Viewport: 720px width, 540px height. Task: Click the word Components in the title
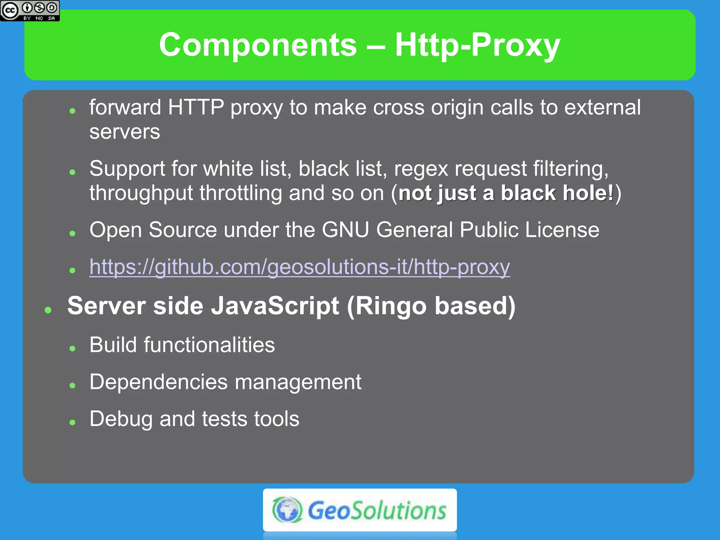coord(258,45)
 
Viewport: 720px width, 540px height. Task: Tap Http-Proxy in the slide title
coord(477,45)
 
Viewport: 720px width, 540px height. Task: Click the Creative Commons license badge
coord(30,11)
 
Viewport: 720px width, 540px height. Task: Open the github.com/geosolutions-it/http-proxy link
coord(299,267)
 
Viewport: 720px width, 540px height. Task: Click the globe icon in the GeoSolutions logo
coord(287,509)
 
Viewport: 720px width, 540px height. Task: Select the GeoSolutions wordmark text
coord(377,510)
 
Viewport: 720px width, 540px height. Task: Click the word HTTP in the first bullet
coord(196,107)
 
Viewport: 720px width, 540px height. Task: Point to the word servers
coord(124,132)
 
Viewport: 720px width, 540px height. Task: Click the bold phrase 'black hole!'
coord(557,193)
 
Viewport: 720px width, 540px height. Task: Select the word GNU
coord(345,230)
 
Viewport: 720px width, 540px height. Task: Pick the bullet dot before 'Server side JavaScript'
coord(48,310)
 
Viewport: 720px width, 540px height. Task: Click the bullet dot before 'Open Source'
coord(72,233)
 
